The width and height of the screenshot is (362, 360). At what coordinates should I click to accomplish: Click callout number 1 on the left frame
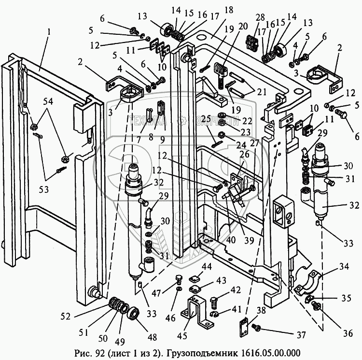tap(48, 32)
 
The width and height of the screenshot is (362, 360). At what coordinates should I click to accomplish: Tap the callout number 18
tap(228, 11)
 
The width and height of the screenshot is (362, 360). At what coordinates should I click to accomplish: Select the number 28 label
tap(260, 18)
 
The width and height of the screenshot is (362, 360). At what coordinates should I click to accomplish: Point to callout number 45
tap(182, 335)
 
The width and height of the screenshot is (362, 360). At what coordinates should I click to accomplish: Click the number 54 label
tap(48, 101)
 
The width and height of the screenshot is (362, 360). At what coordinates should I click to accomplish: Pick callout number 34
tap(344, 267)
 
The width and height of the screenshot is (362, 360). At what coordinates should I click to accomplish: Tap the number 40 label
tap(231, 240)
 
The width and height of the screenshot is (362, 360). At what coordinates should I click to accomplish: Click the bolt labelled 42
tap(214, 302)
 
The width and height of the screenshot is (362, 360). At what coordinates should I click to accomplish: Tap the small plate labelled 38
tap(244, 328)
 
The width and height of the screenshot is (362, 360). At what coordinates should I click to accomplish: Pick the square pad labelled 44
tap(194, 279)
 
